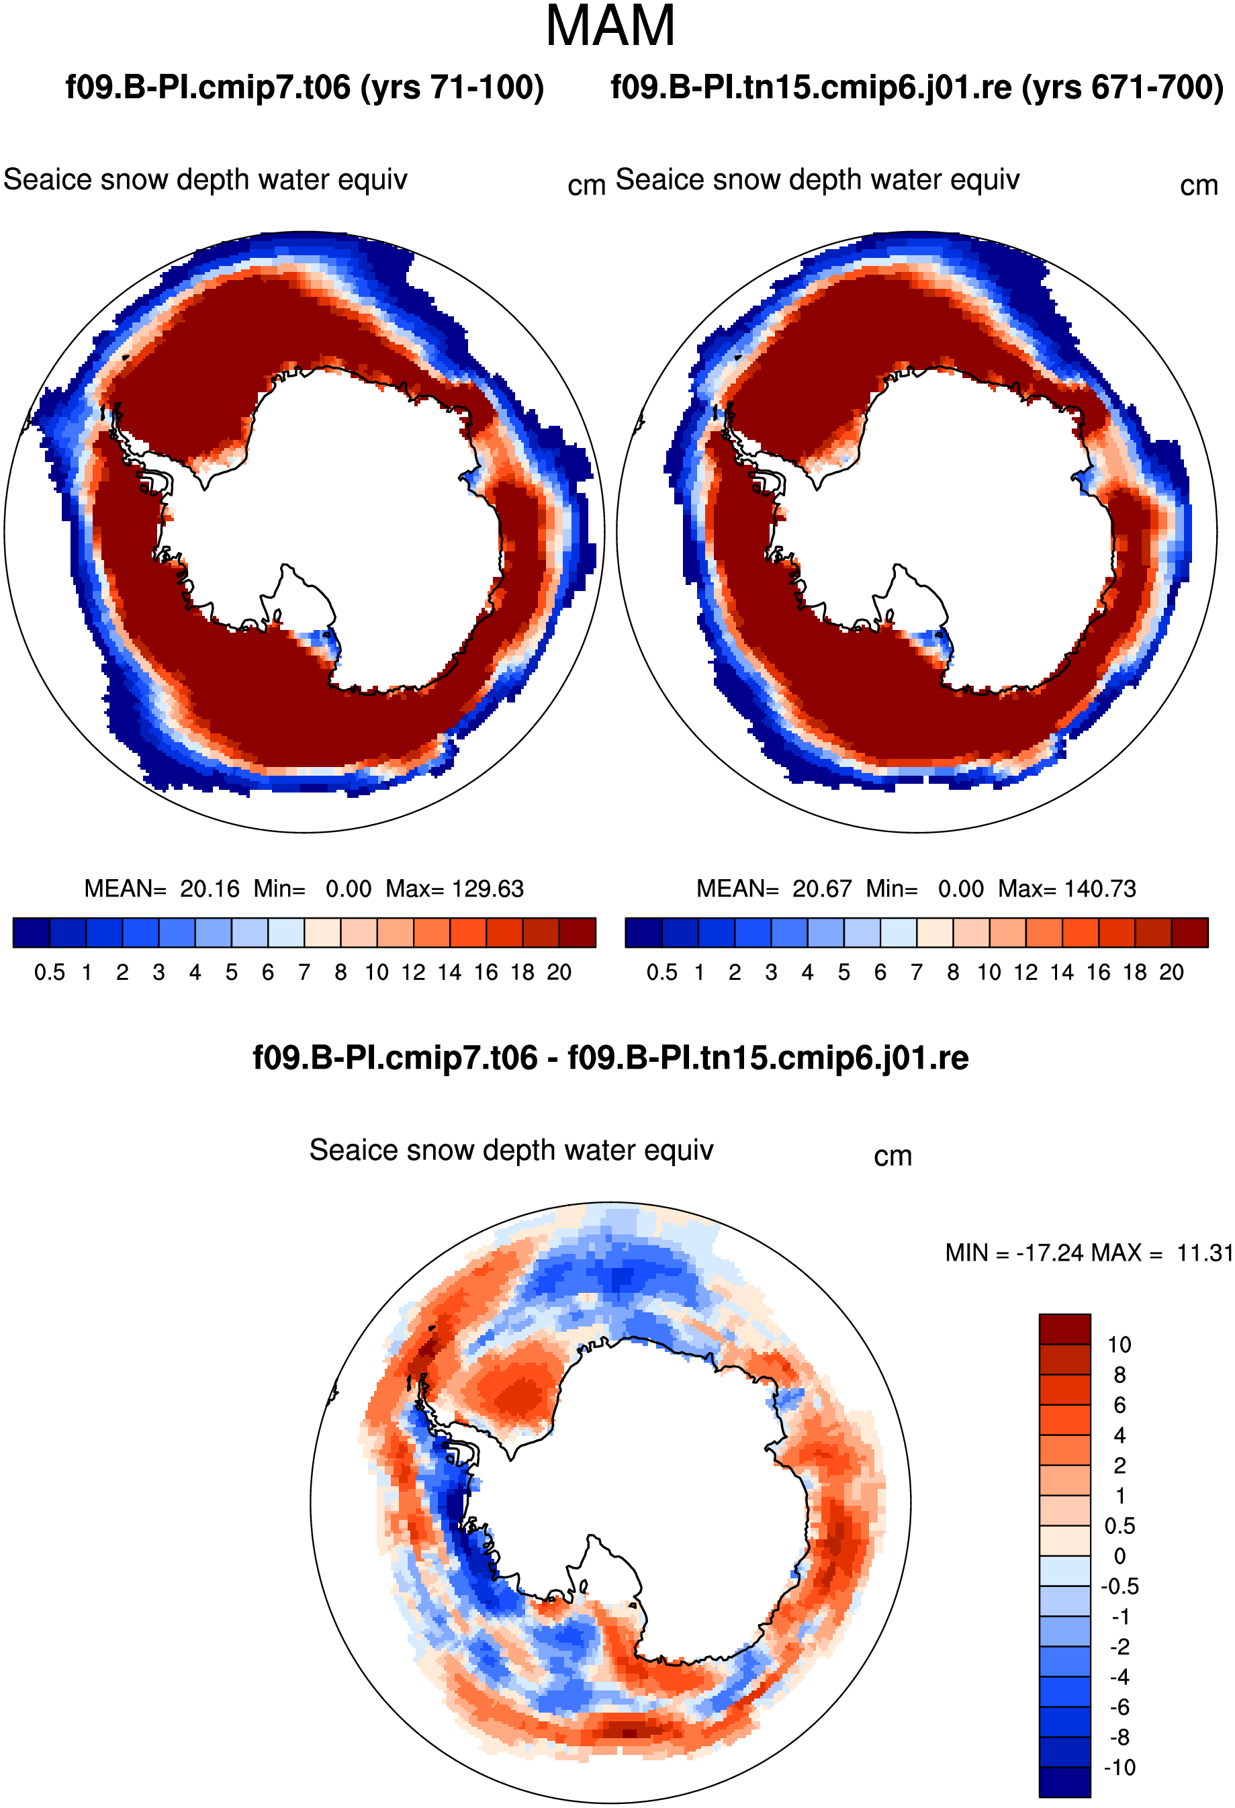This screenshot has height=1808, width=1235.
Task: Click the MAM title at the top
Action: click(610, 26)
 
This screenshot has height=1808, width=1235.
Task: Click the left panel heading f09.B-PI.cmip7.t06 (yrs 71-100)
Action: click(305, 87)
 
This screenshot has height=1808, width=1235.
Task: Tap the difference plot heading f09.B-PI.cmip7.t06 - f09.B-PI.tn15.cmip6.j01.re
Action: click(610, 1058)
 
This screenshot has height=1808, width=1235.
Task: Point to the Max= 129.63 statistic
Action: click(455, 889)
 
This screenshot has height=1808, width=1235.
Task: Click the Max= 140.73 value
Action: click(1067, 889)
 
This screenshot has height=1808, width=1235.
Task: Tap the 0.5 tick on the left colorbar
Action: click(50, 973)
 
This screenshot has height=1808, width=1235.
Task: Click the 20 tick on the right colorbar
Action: click(1171, 973)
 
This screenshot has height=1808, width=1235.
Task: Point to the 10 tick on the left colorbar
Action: click(377, 973)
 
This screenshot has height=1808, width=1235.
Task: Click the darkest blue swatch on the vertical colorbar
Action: click(1064, 1782)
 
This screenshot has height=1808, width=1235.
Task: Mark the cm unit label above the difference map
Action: click(893, 1156)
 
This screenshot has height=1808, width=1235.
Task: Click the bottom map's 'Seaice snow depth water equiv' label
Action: click(511, 1150)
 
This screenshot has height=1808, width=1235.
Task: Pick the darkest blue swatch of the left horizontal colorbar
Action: click(31, 933)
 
